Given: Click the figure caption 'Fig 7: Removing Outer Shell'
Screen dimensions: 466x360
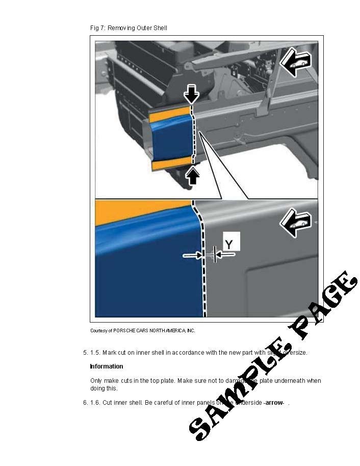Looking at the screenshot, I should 128,28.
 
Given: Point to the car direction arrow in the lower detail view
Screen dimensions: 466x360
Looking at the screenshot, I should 295,222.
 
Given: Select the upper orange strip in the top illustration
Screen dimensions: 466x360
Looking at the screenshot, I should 168,113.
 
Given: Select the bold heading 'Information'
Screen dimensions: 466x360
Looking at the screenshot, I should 107,366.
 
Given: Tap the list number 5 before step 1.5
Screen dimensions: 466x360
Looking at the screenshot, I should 85,353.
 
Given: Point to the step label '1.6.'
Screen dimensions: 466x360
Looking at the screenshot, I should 95,403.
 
